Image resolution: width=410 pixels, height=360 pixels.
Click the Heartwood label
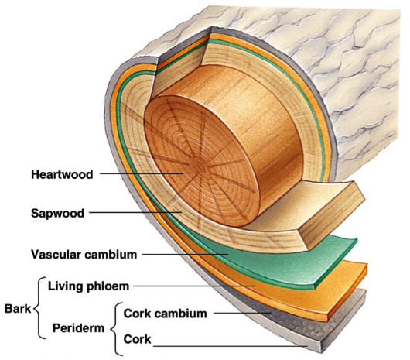62,174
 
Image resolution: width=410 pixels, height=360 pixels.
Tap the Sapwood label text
57,213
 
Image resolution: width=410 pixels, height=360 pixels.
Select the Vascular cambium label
84,254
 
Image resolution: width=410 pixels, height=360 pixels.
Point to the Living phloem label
88,286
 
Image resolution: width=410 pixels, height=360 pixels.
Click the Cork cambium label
165,314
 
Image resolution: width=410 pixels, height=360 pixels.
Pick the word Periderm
78,328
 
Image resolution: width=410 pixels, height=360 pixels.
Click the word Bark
18,309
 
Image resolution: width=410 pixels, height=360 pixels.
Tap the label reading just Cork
137,339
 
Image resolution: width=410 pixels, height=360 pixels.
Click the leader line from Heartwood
142,173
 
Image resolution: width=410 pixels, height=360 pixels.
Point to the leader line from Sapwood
135,212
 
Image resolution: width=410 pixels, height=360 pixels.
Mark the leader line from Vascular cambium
186,254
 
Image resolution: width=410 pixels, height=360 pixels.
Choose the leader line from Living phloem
194,286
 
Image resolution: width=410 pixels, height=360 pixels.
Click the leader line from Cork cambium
243,313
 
